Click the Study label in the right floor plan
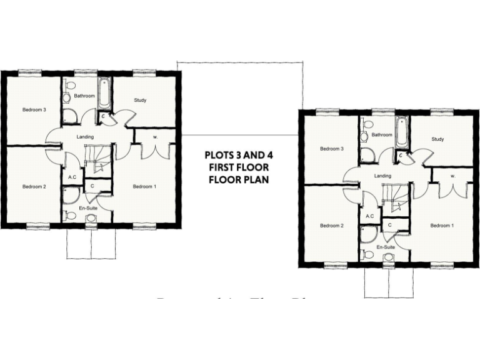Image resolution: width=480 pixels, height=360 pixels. (437, 139)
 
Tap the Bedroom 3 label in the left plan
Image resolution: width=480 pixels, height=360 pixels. (34, 110)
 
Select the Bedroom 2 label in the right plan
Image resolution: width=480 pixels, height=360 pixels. (332, 226)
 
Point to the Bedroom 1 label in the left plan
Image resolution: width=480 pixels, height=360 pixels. (145, 186)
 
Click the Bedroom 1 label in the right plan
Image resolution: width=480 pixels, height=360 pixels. (442, 226)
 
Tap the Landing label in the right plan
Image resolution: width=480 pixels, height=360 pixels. (382, 176)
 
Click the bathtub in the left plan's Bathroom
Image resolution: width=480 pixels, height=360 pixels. (104, 93)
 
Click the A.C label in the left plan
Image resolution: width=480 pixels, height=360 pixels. (72, 177)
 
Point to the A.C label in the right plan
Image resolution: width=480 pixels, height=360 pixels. (369, 217)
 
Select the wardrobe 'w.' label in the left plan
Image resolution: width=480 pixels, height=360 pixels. (154, 137)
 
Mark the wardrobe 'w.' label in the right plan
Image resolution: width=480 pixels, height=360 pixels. (451, 176)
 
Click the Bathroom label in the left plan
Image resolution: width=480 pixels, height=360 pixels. (84, 96)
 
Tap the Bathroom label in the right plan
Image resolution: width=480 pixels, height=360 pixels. (382, 135)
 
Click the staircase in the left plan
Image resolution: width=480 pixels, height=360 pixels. (97, 158)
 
